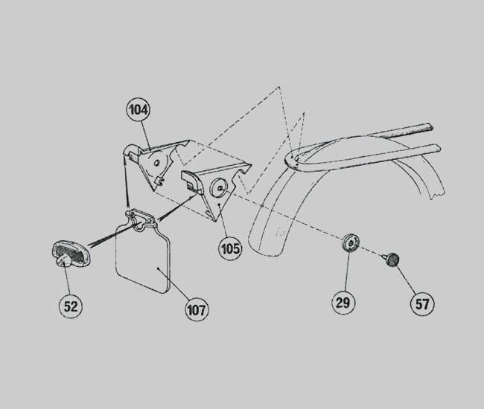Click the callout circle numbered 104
pyautogui.click(x=138, y=109)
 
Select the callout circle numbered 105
pyautogui.click(x=230, y=248)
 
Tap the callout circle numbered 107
pyautogui.click(x=197, y=310)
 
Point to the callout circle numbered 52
pyautogui.click(x=71, y=306)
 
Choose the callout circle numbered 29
pyautogui.click(x=343, y=303)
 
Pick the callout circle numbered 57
pyautogui.click(x=422, y=304)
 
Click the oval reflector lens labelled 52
pyautogui.click(x=71, y=254)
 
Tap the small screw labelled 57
pyautogui.click(x=392, y=260)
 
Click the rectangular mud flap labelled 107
pyautogui.click(x=142, y=259)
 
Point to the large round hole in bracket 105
pyautogui.click(x=218, y=187)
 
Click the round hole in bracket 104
pyautogui.click(x=156, y=163)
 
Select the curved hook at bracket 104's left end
pyautogui.click(x=130, y=151)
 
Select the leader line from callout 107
pyautogui.click(x=173, y=283)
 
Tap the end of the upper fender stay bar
pyautogui.click(x=430, y=126)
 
